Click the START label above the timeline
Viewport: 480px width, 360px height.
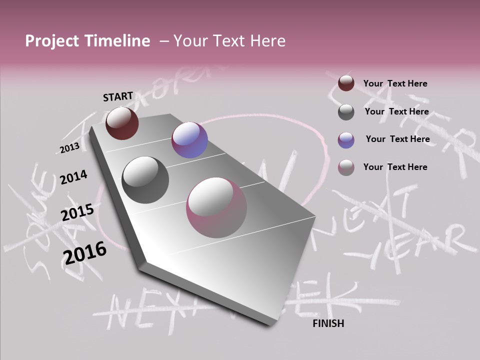pos(118,96)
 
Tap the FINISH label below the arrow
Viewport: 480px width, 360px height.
pos(328,323)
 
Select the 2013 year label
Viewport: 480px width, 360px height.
pos(69,148)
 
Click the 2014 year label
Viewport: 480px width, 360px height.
pos(73,177)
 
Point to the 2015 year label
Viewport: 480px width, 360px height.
pos(77,212)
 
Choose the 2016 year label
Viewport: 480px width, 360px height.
pos(85,252)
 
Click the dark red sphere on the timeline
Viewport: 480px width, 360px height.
pos(122,123)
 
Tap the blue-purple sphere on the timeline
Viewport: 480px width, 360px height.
pos(189,140)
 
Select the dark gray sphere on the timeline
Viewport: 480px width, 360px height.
pos(145,179)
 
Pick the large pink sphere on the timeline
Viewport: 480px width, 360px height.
pos(216,207)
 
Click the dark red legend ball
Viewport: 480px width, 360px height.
pos(346,83)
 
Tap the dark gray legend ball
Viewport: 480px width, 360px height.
pos(346,112)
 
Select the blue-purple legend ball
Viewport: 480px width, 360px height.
pos(346,140)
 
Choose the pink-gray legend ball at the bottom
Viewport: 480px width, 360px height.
pos(346,167)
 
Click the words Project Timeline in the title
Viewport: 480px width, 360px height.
pos(87,41)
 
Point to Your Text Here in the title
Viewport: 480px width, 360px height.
pos(229,41)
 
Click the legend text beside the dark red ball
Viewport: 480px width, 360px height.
pos(395,83)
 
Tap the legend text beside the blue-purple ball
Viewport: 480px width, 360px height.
pos(397,139)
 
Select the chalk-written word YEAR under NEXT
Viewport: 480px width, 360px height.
pos(410,245)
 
